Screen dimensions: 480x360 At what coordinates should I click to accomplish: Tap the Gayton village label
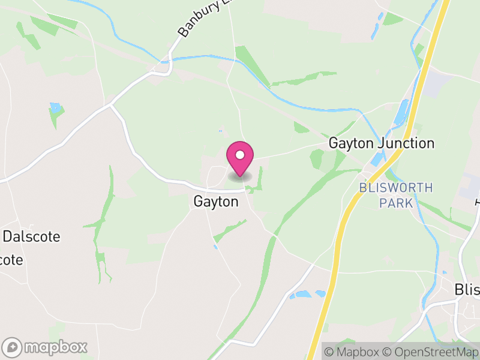pyautogui.click(x=216, y=202)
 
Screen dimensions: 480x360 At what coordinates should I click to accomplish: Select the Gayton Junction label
pyautogui.click(x=381, y=143)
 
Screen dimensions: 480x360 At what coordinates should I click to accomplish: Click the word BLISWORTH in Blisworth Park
pyautogui.click(x=395, y=188)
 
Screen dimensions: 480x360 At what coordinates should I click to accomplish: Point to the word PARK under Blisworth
pyautogui.click(x=396, y=203)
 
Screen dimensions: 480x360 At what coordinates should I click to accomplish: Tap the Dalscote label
pyautogui.click(x=31, y=236)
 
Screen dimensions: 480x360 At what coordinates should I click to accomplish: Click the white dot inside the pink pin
pyautogui.click(x=240, y=155)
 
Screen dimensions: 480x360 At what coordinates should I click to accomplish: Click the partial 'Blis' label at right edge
pyautogui.click(x=467, y=290)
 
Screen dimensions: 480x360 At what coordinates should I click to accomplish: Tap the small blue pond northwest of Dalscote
pyautogui.click(x=56, y=108)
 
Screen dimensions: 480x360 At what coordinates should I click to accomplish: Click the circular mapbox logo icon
pyautogui.click(x=13, y=347)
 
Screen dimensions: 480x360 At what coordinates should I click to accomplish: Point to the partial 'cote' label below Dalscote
pyautogui.click(x=12, y=260)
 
